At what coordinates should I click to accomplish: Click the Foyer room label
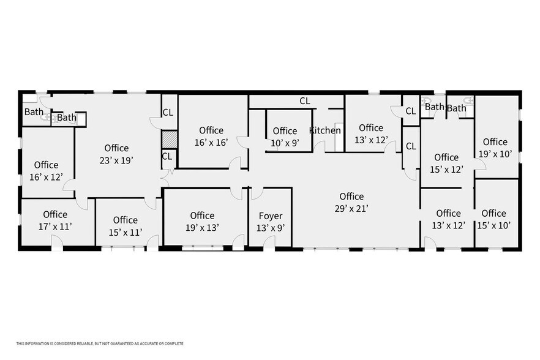[x=270, y=216]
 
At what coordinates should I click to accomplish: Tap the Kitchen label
[x=324, y=130]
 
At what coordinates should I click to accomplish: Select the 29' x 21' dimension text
[x=351, y=208]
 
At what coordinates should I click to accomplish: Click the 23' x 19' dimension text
[x=116, y=160]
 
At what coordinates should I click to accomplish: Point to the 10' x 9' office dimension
[x=285, y=143]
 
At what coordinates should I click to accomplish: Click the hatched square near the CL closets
[x=168, y=140]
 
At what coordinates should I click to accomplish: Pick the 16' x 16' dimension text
[x=211, y=142]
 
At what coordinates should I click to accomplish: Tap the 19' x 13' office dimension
[x=202, y=227]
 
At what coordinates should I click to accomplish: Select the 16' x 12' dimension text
[x=47, y=176]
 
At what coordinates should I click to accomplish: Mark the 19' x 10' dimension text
[x=495, y=154]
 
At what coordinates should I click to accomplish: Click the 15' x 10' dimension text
[x=493, y=225]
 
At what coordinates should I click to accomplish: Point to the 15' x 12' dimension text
[x=446, y=169]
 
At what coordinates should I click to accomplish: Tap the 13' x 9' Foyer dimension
[x=270, y=228]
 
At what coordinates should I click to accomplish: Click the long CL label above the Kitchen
[x=304, y=101]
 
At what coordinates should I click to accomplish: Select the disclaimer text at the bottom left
[x=100, y=343]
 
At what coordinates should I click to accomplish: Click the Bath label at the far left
[x=33, y=112]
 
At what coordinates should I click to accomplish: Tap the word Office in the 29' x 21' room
[x=351, y=197]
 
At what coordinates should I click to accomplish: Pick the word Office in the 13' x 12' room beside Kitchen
[x=371, y=128]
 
